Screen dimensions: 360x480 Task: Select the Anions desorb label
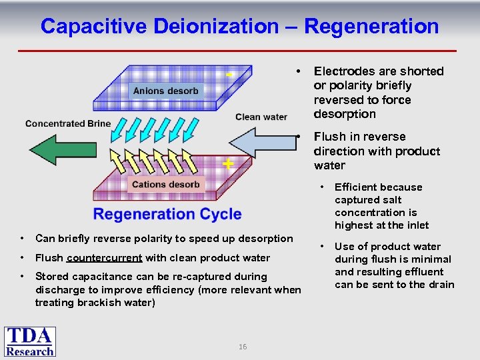[166, 91]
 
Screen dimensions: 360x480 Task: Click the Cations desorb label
[166, 184]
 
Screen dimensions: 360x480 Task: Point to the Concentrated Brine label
[68, 123]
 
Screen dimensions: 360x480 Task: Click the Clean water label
[261, 117]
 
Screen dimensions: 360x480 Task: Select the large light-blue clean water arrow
[263, 143]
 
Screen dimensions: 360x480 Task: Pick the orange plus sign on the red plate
[228, 163]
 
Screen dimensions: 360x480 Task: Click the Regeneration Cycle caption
[167, 214]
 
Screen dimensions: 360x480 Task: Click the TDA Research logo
[30, 341]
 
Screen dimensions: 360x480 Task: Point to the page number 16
[243, 347]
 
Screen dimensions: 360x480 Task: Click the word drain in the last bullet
[441, 285]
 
